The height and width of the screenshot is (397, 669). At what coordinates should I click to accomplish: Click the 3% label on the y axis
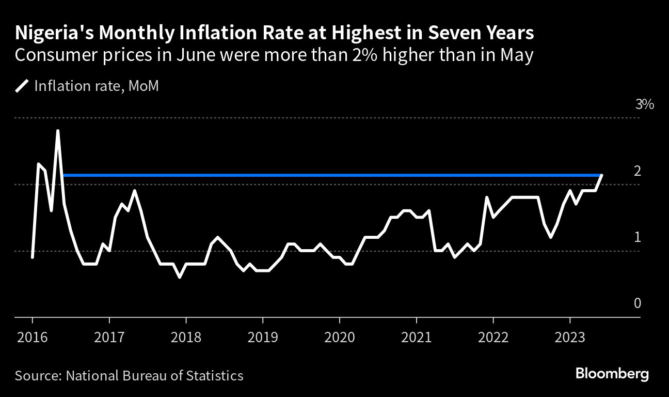[x=645, y=104]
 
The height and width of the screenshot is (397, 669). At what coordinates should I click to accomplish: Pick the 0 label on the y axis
[x=637, y=303]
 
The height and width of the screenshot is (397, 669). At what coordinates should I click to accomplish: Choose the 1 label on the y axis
[x=637, y=237]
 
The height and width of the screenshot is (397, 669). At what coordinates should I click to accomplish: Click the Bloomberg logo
[x=612, y=374]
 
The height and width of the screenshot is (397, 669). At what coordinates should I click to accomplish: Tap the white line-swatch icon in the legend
[x=23, y=86]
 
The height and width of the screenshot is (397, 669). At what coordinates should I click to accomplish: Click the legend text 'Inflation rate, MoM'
[x=96, y=86]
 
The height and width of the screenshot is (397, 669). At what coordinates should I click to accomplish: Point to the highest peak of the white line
[x=58, y=131]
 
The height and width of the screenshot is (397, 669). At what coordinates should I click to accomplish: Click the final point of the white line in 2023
[x=601, y=176]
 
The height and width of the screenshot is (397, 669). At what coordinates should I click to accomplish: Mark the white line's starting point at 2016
[x=33, y=257]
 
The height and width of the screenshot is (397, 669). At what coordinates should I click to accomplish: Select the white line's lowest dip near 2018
[x=179, y=277]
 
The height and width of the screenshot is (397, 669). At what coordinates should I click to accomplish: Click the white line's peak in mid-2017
[x=135, y=191]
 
